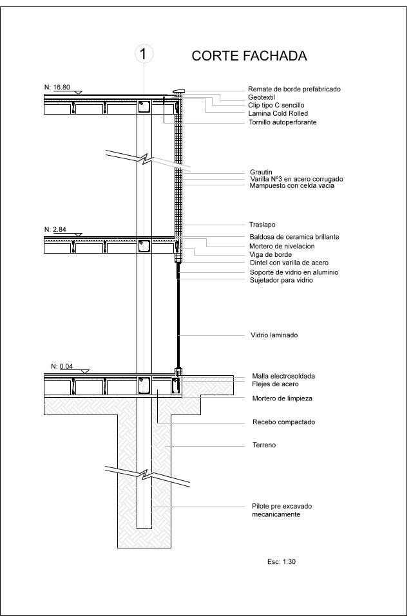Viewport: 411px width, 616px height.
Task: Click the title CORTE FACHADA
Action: tap(249, 57)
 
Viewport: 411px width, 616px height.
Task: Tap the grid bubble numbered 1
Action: tap(144, 54)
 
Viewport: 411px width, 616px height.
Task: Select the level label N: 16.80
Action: tap(57, 87)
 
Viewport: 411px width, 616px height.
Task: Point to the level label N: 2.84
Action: tap(55, 229)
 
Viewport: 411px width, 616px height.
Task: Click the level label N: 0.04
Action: tap(62, 366)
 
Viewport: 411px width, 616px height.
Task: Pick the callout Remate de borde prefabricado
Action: tap(294, 89)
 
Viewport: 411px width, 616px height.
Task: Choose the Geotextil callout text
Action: tap(262, 97)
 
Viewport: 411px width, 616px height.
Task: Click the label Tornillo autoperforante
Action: tap(282, 122)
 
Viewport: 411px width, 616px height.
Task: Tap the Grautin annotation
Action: tap(261, 172)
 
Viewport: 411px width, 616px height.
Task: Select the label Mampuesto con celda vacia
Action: tap(292, 186)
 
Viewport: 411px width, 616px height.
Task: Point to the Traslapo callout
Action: tap(262, 225)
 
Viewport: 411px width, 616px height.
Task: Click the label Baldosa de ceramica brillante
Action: tap(294, 237)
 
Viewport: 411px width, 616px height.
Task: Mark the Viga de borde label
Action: tap(271, 254)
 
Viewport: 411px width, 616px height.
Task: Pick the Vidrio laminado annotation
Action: tap(274, 335)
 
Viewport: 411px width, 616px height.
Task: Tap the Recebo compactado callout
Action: tap(283, 423)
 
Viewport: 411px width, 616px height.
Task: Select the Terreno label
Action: tap(264, 445)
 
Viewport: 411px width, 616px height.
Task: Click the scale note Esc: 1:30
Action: tap(281, 562)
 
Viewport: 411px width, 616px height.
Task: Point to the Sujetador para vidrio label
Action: tap(282, 280)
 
